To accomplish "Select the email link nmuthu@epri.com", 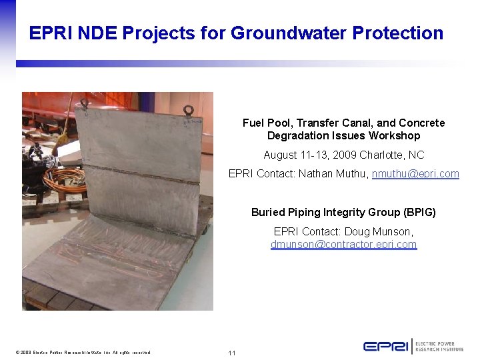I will tap(415, 173).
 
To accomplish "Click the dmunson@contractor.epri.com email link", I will tap(343, 244).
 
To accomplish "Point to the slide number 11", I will tap(232, 353).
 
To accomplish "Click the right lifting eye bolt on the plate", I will tap(189, 110).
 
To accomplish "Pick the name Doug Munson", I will tap(383, 231).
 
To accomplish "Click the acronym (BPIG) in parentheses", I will tap(419, 212).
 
